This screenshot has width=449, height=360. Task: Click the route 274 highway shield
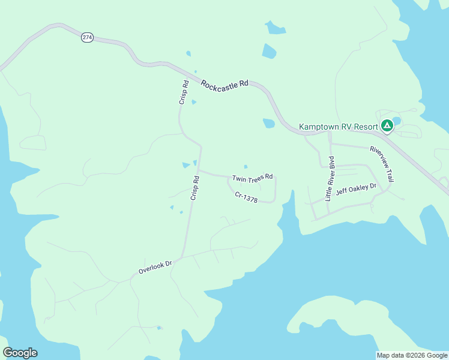click(x=88, y=37)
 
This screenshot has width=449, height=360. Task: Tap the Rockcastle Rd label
click(x=224, y=85)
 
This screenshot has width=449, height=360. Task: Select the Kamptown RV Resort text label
click(x=339, y=127)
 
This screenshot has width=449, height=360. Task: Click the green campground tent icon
click(x=387, y=126)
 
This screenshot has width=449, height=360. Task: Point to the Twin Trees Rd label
click(x=253, y=178)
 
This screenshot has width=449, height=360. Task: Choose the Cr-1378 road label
click(x=246, y=197)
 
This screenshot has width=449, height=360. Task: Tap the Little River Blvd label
click(x=330, y=178)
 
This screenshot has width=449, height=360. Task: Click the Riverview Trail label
click(x=382, y=164)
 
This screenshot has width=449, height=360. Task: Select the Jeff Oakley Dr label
click(x=356, y=190)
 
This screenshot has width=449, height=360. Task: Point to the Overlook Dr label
click(x=155, y=267)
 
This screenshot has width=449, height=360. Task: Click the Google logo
click(x=20, y=353)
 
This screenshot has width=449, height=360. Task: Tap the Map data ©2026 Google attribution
click(x=412, y=355)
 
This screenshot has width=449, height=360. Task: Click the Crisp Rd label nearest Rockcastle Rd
click(x=184, y=92)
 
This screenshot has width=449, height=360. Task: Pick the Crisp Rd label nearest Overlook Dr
click(x=194, y=188)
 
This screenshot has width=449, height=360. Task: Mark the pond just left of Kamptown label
click(x=268, y=124)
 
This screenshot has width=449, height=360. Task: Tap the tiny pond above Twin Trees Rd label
click(x=246, y=167)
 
